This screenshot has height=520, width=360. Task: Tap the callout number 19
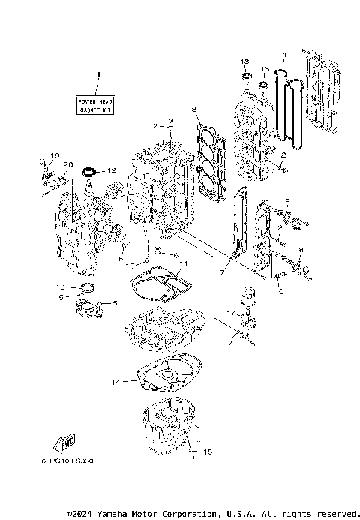click(x=54, y=155)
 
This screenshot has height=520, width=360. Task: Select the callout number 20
click(x=67, y=164)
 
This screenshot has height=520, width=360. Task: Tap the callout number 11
click(x=183, y=264)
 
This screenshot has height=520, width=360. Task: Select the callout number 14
click(x=115, y=382)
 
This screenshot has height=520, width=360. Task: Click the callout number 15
click(x=207, y=452)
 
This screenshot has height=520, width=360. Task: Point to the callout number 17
click(x=232, y=313)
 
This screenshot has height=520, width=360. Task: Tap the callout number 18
click(x=130, y=265)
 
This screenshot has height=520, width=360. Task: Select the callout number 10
click(x=280, y=291)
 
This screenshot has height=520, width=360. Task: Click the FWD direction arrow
click(x=65, y=440)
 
